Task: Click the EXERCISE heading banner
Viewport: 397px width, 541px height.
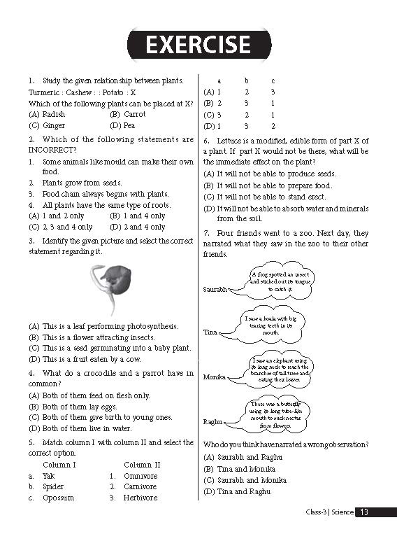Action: [198, 45]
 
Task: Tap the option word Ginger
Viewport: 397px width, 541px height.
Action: [54, 125]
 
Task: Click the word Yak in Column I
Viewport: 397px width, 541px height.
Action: [48, 476]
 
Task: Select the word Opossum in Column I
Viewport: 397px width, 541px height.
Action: [58, 498]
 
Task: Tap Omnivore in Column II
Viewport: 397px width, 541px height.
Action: [140, 476]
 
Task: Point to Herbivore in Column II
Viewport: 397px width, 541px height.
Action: [140, 498]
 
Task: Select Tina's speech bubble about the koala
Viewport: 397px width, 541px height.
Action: [272, 325]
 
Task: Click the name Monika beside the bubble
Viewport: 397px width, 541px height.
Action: [214, 377]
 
